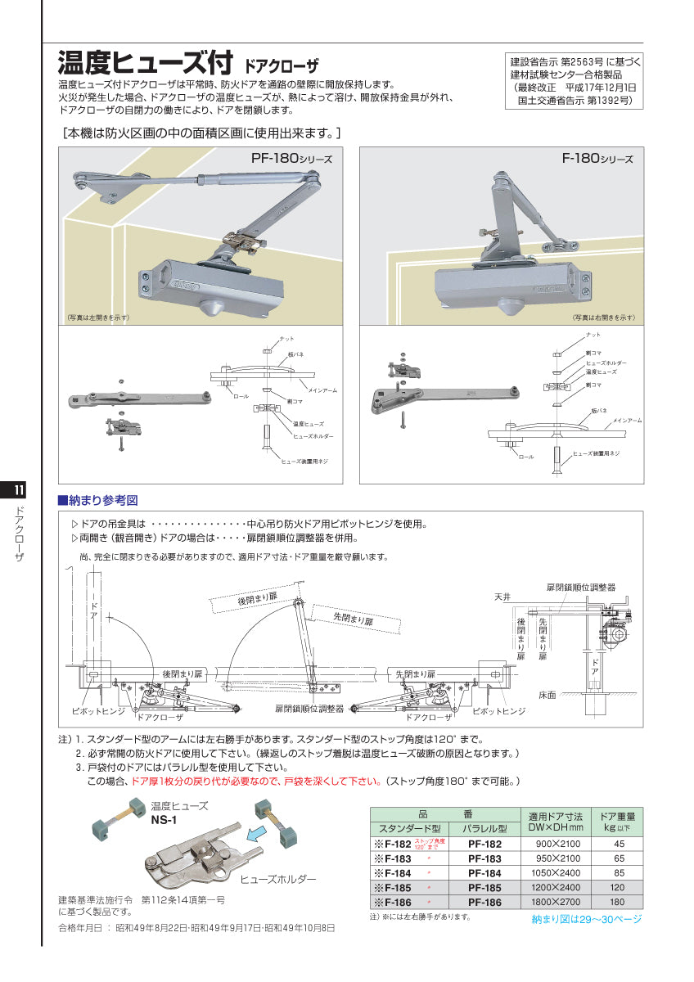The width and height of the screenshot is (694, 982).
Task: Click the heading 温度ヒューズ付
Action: pyautogui.click(x=146, y=64)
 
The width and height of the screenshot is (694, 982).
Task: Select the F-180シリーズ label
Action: pyautogui.click(x=597, y=159)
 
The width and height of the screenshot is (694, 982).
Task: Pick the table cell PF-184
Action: pyautogui.click(x=484, y=872)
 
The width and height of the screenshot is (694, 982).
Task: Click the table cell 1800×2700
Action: pyautogui.click(x=558, y=902)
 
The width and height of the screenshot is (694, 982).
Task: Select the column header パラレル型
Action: pyautogui.click(x=484, y=828)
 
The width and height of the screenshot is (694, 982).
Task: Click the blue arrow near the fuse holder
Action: pyautogui.click(x=261, y=836)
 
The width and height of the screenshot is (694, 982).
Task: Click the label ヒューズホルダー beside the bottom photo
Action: pyautogui.click(x=278, y=878)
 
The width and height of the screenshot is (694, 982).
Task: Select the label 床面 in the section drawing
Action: pyautogui.click(x=547, y=695)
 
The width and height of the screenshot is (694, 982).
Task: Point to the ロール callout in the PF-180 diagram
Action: pyautogui.click(x=240, y=396)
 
